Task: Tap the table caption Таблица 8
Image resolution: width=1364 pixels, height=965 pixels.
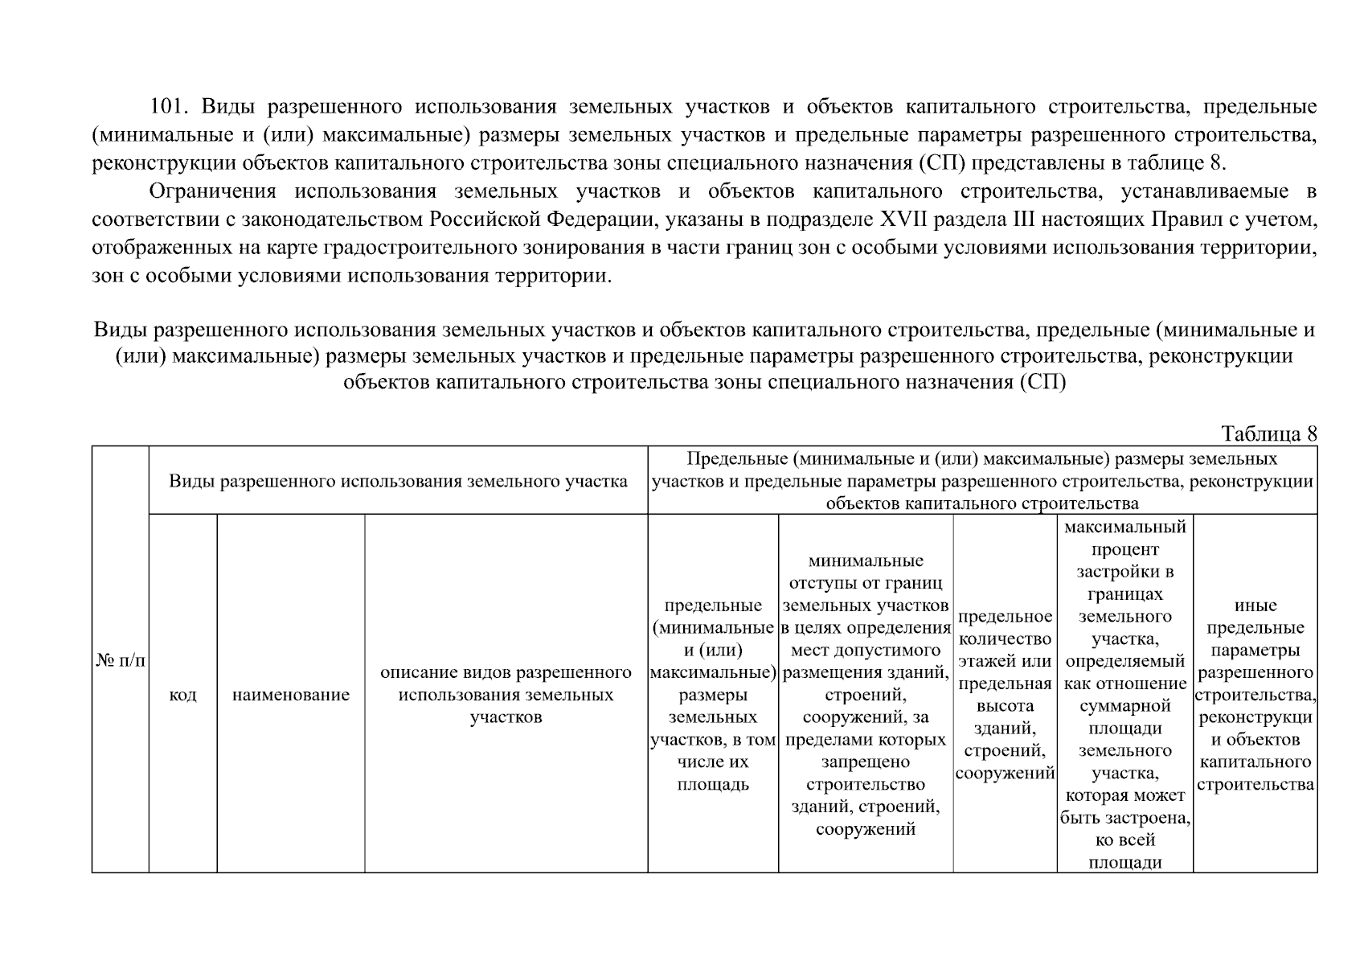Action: (x=1268, y=434)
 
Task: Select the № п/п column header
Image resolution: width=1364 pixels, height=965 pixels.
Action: (x=121, y=660)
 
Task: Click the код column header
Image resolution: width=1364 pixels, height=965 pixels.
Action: (x=183, y=695)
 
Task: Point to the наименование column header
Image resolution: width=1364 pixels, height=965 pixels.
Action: (x=291, y=695)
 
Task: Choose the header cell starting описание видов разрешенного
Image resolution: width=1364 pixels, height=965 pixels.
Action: (x=506, y=694)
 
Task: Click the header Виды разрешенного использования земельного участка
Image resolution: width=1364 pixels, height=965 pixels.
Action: (x=398, y=482)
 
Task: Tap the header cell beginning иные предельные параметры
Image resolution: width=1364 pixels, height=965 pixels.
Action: (x=1255, y=694)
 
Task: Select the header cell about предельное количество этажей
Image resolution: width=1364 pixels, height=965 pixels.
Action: (x=1005, y=694)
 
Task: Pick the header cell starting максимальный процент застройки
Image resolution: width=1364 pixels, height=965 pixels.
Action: (x=1124, y=694)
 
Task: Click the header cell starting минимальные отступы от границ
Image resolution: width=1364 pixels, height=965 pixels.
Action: (x=866, y=694)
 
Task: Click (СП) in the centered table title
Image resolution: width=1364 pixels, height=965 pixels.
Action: (x=1043, y=382)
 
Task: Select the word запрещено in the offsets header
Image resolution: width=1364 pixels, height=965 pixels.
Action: (x=866, y=762)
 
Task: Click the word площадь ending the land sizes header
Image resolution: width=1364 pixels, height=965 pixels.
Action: (x=712, y=784)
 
